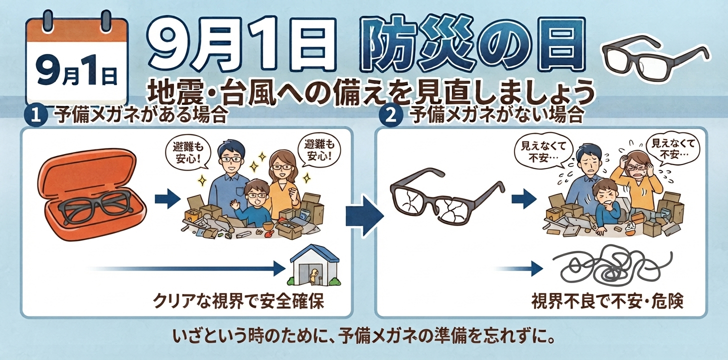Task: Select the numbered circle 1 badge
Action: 36,116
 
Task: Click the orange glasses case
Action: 91,194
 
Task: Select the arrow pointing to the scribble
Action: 519,268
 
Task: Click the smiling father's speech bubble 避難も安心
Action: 188,152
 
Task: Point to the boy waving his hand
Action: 253,203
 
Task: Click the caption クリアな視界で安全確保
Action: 238,301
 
